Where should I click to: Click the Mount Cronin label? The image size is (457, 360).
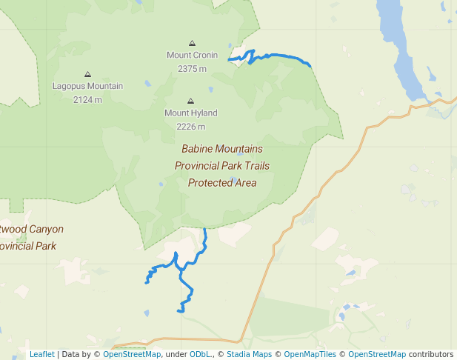coord(192,56)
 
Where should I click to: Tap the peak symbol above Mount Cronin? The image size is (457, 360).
coord(193,44)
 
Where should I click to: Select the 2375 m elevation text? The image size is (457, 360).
coord(192,69)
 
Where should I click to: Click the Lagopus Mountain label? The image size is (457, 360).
coord(87,86)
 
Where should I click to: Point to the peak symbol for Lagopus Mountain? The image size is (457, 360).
coord(87,75)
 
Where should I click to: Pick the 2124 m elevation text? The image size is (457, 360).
coord(87,99)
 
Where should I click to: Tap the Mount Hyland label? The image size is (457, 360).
coord(191,113)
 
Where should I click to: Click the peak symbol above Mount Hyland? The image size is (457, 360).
coord(191,101)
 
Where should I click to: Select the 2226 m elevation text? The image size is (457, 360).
coord(191,127)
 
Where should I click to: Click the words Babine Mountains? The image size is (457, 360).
coord(222,149)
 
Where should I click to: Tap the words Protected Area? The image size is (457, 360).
coord(222,183)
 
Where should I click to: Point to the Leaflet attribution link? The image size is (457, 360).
coord(41,354)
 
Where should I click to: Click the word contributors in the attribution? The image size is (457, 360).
coord(431,354)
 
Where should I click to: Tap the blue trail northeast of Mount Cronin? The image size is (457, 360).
coord(281,56)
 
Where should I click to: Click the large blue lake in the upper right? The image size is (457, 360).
coord(400,52)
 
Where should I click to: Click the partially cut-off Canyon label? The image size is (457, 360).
coord(33,230)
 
